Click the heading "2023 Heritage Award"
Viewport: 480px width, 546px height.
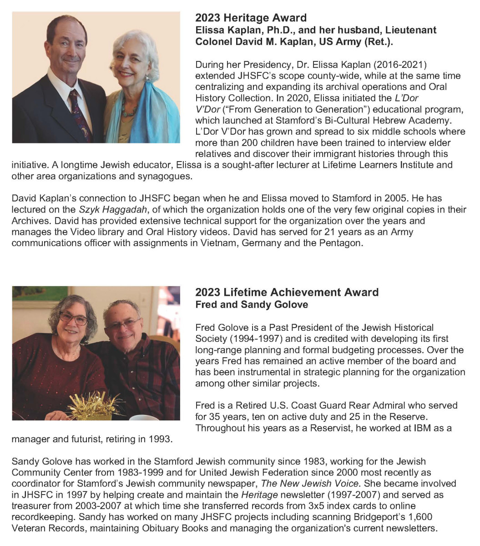(x=251, y=18)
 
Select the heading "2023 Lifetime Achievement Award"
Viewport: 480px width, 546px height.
(x=287, y=293)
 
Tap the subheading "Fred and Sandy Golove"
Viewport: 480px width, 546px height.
(x=252, y=305)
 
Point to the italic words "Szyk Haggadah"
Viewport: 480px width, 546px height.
(x=105, y=210)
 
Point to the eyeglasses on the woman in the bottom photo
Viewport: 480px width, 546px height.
(x=73, y=319)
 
